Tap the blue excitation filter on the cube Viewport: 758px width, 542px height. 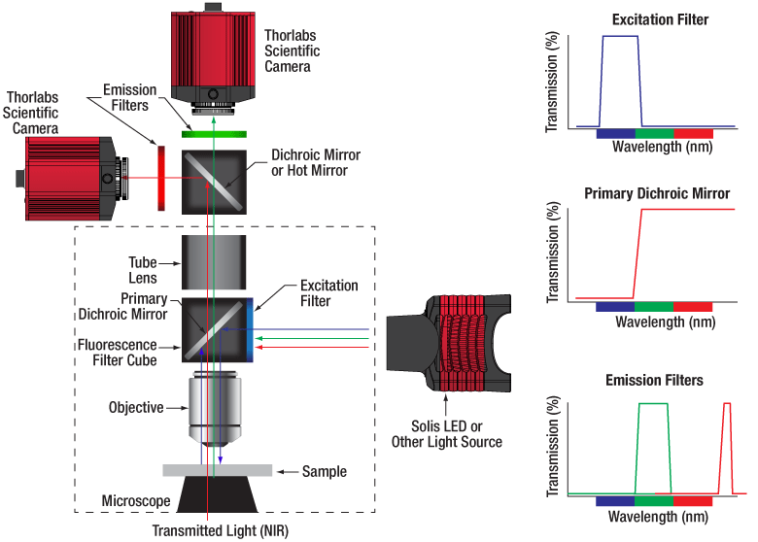[x=256, y=329]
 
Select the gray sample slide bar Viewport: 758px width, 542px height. [x=217, y=470]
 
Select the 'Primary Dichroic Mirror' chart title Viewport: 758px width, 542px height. [x=657, y=193]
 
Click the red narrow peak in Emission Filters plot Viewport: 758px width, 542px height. [x=725, y=447]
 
